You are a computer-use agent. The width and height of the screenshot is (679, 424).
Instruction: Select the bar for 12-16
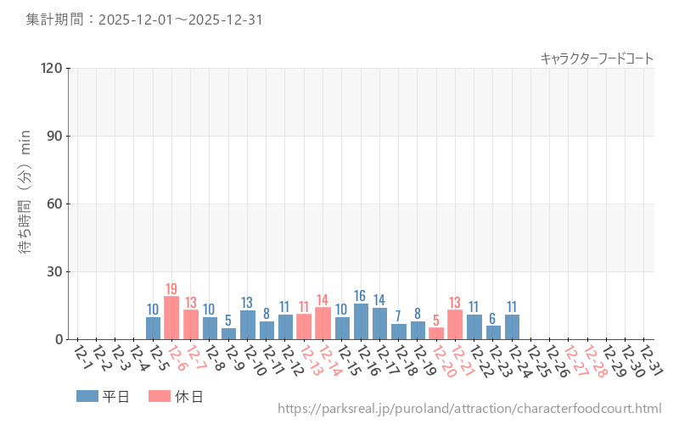click(x=361, y=321)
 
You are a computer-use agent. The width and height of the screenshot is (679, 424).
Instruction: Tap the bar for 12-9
click(x=228, y=334)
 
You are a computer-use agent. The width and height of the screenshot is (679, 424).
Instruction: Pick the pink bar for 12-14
click(x=323, y=324)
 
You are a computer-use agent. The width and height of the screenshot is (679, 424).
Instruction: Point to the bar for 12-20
click(x=436, y=334)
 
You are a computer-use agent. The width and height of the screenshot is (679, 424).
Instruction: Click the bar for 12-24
click(x=512, y=327)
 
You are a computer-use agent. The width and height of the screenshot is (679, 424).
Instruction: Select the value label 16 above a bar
click(x=361, y=296)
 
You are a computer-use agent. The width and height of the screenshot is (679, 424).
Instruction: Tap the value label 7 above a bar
click(x=398, y=316)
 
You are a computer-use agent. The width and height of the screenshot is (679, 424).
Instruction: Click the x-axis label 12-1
click(x=82, y=356)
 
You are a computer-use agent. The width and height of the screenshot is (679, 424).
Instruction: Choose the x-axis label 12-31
click(x=649, y=356)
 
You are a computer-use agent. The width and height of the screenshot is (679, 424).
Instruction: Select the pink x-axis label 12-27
click(x=574, y=356)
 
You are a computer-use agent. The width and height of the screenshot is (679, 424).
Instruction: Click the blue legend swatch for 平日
click(x=87, y=396)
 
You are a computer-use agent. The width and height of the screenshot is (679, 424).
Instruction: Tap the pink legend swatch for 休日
click(x=159, y=396)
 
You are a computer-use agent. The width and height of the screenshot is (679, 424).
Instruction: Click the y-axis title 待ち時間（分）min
click(x=25, y=204)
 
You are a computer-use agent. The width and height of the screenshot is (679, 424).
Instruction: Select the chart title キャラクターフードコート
click(x=597, y=59)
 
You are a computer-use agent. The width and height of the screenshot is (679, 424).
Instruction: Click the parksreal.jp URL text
click(x=469, y=410)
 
